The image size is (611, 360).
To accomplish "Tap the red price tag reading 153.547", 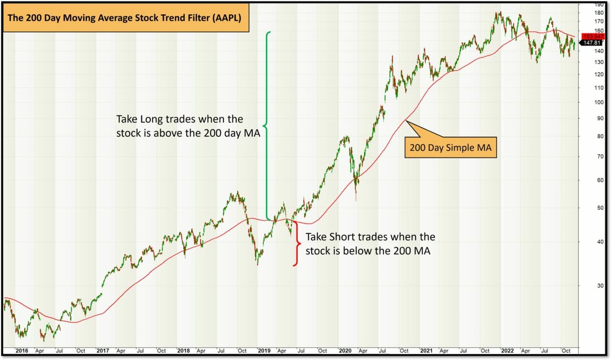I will click(590, 36).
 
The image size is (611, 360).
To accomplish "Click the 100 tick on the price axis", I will click(585, 102).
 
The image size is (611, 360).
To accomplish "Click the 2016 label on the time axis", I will click(21, 351).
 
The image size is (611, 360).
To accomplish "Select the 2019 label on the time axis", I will click(264, 351).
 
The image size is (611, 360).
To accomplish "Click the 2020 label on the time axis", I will click(345, 351).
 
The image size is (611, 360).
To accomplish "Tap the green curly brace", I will click(267, 127).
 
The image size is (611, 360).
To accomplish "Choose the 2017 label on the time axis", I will click(102, 351).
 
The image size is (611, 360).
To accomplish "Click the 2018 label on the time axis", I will click(183, 351).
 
